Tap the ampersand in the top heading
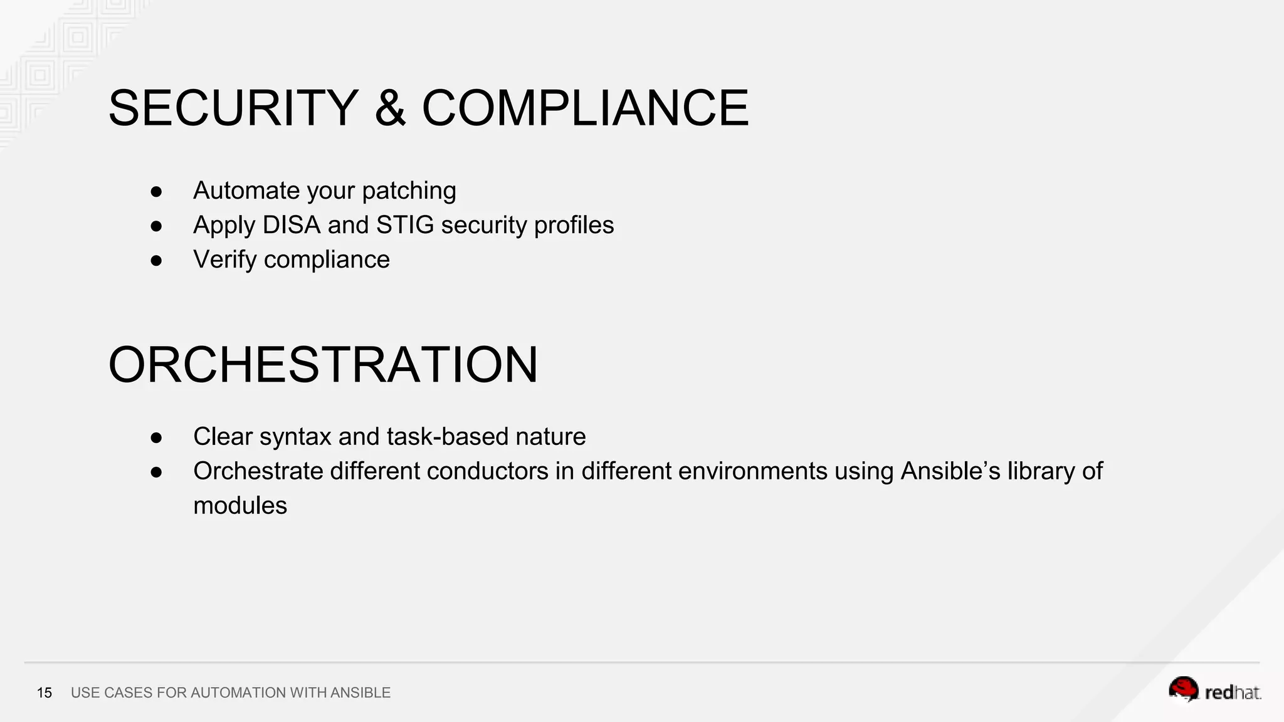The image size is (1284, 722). (x=390, y=108)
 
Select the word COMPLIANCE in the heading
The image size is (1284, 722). (x=585, y=108)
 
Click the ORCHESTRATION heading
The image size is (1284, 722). (x=323, y=365)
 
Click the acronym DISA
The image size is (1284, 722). (x=292, y=225)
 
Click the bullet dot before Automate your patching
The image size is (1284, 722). (x=156, y=192)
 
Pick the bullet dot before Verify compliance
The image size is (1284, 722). (x=156, y=261)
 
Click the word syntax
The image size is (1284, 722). (x=295, y=437)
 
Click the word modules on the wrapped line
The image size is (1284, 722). (x=239, y=506)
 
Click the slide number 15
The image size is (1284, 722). (x=45, y=693)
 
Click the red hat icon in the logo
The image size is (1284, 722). (x=1183, y=689)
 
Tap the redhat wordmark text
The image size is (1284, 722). (x=1232, y=693)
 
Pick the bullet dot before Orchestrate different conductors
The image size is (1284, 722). (x=156, y=472)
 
